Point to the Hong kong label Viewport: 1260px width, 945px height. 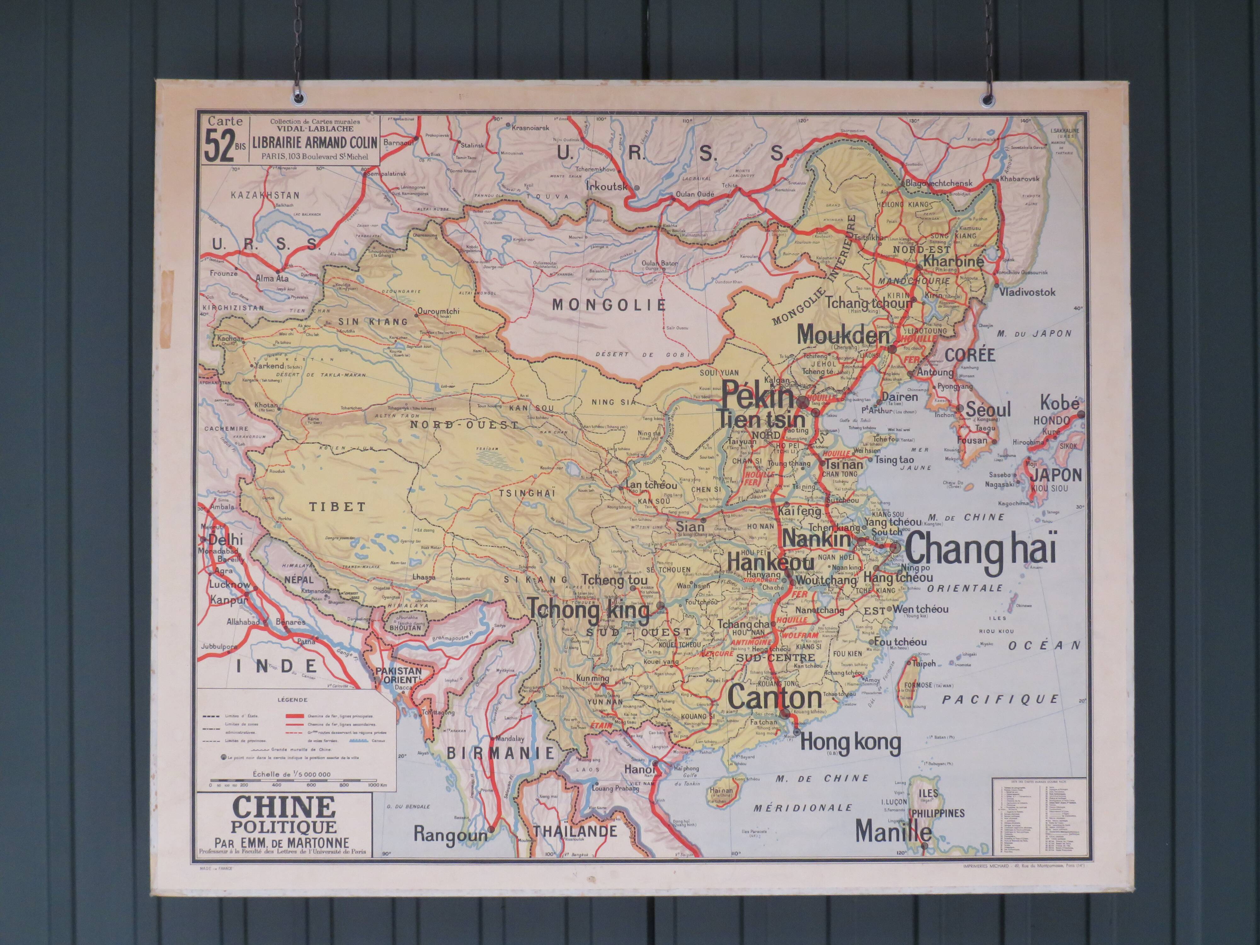[x=850, y=742]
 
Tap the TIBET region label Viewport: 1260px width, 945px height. [x=337, y=507]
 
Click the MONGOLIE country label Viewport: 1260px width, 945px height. [x=609, y=305]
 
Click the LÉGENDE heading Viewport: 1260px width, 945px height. [x=292, y=700]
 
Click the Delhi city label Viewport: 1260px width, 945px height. [x=225, y=539]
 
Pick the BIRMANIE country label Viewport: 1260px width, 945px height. [x=501, y=753]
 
